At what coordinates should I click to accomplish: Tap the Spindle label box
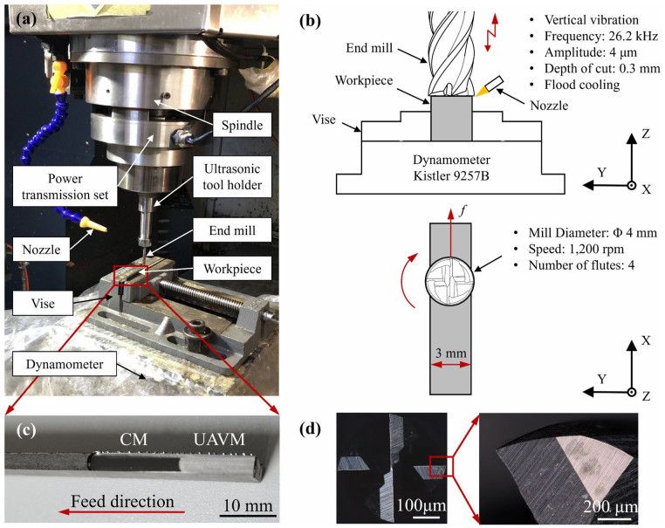pyautogui.click(x=240, y=127)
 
